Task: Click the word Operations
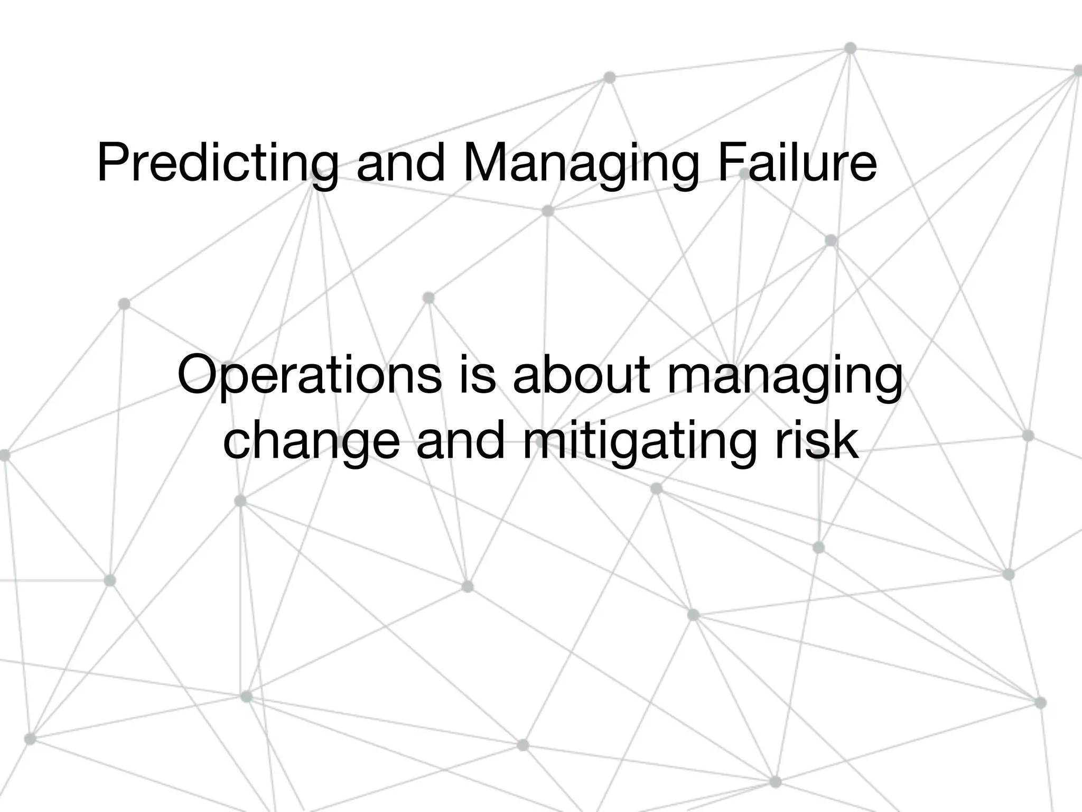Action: [310, 376]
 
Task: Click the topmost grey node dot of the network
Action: [850, 48]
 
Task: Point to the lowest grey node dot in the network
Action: [775, 782]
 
